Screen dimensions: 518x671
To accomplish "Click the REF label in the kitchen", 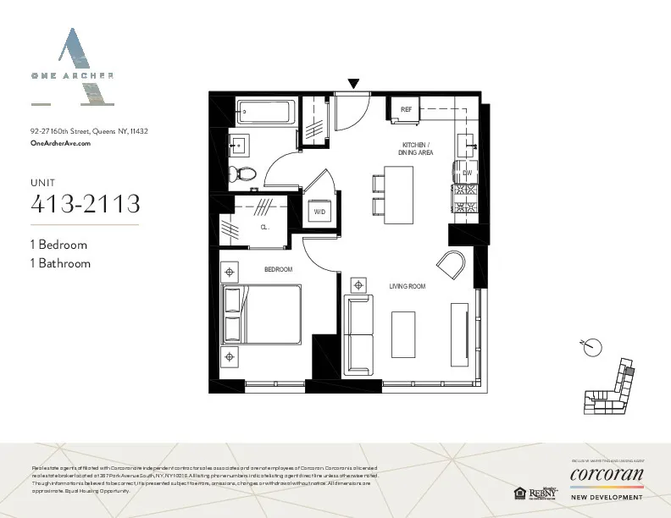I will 406,109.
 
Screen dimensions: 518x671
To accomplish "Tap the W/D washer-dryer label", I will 320,211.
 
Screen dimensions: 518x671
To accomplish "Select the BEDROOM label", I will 278,269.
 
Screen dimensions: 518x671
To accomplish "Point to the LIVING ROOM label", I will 407,287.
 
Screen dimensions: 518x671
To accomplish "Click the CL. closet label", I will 264,229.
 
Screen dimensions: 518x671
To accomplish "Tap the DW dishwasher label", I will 467,173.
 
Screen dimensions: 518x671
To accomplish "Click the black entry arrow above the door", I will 354,83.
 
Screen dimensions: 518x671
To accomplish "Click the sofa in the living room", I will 359,334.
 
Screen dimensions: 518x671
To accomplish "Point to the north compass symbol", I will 593,346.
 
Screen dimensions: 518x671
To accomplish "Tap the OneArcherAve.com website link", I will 60,144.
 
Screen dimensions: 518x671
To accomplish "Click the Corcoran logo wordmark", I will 607,473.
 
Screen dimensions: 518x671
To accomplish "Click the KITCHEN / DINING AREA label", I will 416,149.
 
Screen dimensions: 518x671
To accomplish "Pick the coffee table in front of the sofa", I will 402,333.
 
